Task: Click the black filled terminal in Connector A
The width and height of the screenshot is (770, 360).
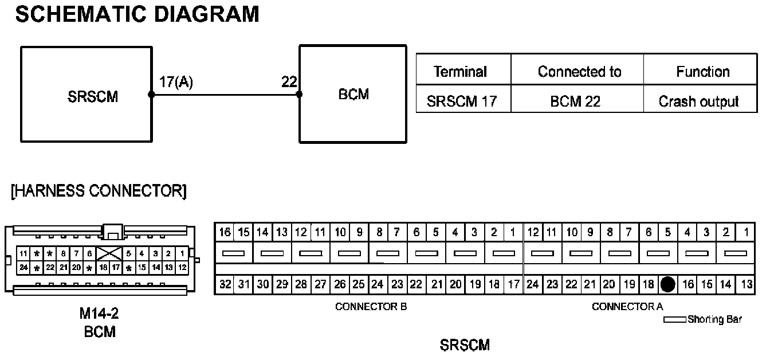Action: tap(668, 284)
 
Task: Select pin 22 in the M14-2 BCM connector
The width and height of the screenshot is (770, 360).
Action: tap(50, 267)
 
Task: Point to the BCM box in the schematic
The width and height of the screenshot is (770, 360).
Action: tap(353, 93)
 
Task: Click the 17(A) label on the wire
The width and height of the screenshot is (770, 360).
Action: tap(176, 83)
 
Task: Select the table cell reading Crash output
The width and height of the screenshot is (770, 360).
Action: tap(699, 101)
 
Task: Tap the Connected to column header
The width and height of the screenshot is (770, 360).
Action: tap(579, 72)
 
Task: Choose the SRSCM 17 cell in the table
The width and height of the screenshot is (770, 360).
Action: tap(461, 101)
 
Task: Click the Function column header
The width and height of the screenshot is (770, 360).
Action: tap(702, 72)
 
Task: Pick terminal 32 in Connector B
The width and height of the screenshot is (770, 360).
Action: tap(224, 284)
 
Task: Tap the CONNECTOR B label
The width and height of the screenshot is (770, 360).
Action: tap(371, 307)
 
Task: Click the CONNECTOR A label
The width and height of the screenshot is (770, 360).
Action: tap(627, 307)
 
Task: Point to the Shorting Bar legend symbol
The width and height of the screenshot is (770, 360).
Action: tap(674, 320)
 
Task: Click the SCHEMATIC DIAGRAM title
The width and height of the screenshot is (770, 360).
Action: tap(137, 14)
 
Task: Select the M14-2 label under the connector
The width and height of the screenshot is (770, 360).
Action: tap(100, 314)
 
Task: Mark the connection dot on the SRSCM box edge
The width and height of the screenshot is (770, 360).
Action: tap(151, 95)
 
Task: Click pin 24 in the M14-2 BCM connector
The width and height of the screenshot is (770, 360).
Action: tap(23, 267)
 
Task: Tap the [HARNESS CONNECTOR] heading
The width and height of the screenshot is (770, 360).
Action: tap(99, 191)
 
